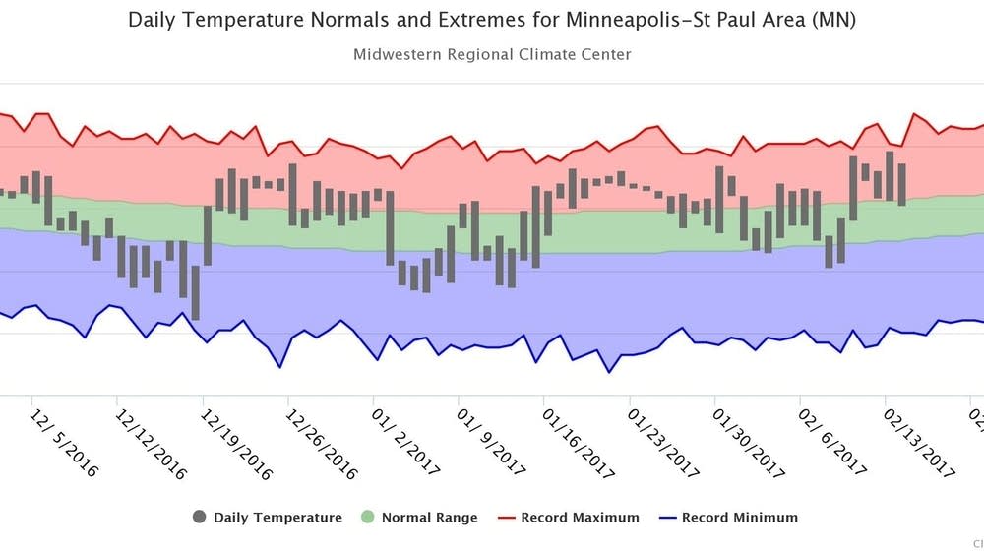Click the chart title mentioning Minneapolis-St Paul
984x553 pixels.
pyautogui.click(x=491, y=21)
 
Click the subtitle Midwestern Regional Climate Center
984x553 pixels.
pyautogui.click(x=491, y=54)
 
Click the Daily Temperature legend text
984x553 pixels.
pyautogui.click(x=277, y=518)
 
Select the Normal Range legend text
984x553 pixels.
pyautogui.click(x=429, y=518)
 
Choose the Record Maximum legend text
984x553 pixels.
pyautogui.click(x=580, y=518)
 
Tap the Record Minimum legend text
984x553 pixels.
pyautogui.click(x=739, y=518)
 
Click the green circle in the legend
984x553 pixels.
pyautogui.click(x=368, y=518)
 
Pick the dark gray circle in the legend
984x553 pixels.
pyautogui.click(x=200, y=518)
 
